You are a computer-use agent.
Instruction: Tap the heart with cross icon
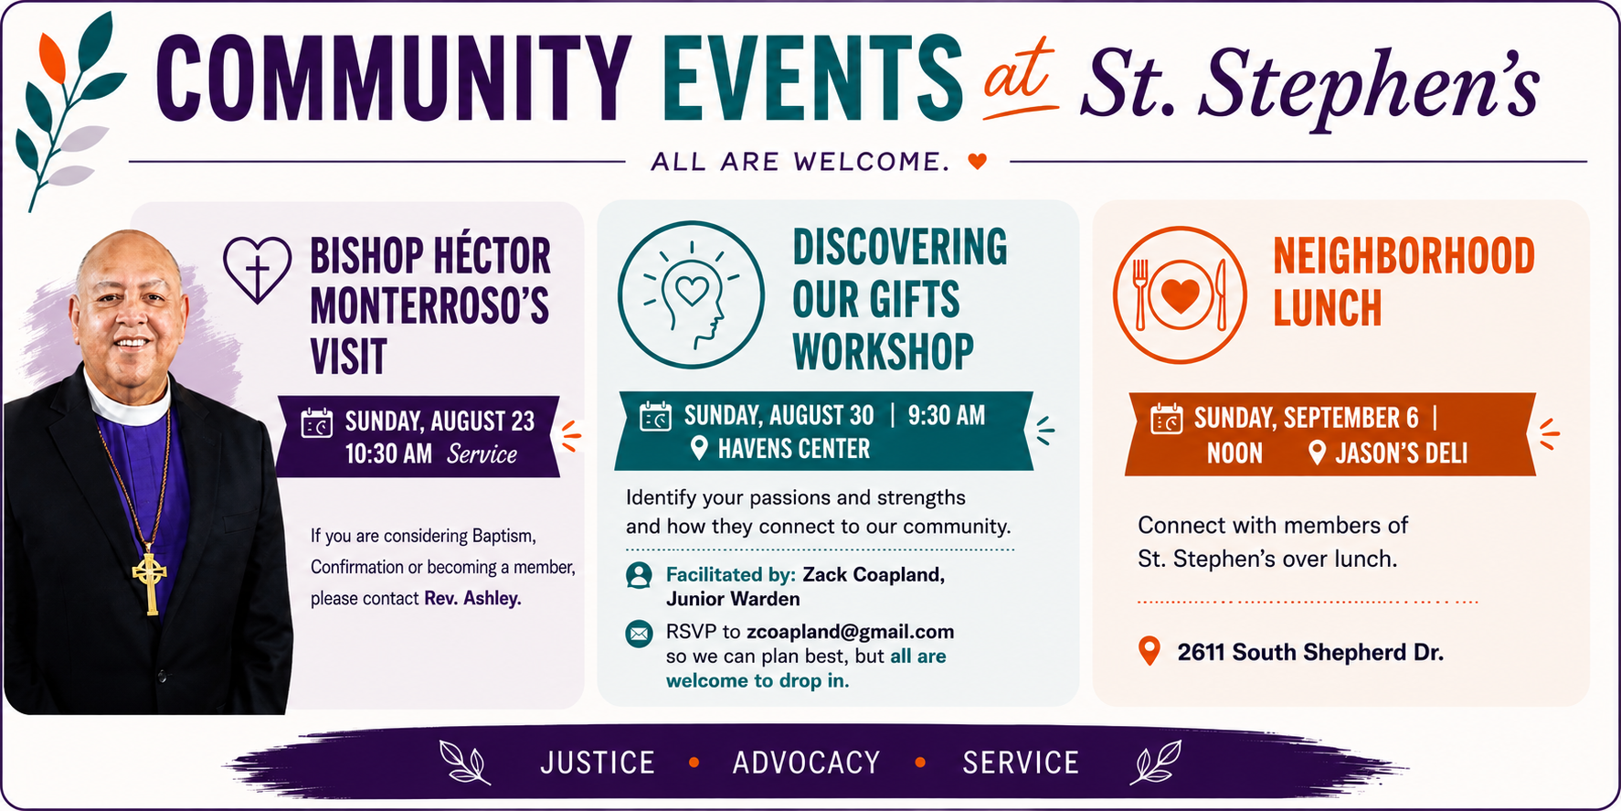(x=258, y=269)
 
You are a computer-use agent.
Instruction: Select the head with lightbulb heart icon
(x=691, y=294)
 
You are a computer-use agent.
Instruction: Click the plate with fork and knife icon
(x=1180, y=294)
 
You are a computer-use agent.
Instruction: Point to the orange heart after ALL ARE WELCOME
(x=978, y=162)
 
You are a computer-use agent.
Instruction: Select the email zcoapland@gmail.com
(x=850, y=632)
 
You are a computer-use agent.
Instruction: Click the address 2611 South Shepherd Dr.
(x=1310, y=652)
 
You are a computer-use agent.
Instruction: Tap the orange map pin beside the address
(x=1150, y=651)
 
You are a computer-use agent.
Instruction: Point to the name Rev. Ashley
(x=472, y=599)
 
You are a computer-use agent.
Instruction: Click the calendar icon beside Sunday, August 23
(x=317, y=423)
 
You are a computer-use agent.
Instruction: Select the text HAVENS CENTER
(x=794, y=449)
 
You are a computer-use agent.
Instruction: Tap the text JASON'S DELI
(x=1402, y=454)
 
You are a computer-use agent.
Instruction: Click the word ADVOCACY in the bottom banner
(x=806, y=763)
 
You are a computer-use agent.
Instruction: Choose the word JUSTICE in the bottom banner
(x=598, y=763)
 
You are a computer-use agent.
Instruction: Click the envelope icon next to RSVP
(x=639, y=633)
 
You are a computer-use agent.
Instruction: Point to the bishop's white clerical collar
(x=128, y=400)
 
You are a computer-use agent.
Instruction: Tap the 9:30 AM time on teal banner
(x=947, y=416)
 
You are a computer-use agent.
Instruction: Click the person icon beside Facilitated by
(x=639, y=575)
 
